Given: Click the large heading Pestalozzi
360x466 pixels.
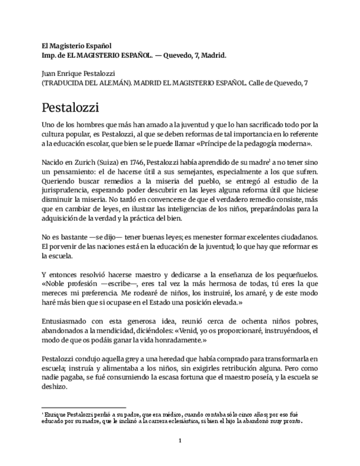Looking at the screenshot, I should click(x=70, y=105).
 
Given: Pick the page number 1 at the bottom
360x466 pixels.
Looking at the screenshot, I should click(x=180, y=440).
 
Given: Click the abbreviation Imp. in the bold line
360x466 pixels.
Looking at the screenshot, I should click(x=51, y=56).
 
